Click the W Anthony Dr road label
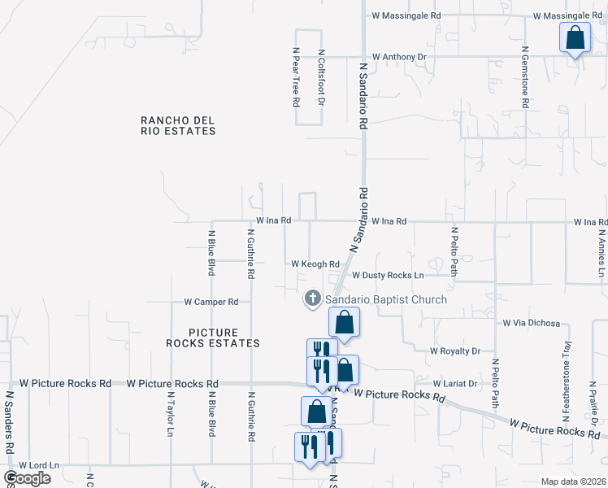(399, 57)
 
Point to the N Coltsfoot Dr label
(322, 77)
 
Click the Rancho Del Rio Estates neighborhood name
(178, 125)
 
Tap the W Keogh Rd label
(315, 264)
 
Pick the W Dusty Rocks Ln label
(388, 276)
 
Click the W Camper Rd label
(211, 302)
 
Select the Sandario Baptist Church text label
(386, 300)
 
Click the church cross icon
(311, 300)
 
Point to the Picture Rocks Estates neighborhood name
(213, 338)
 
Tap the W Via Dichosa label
(532, 323)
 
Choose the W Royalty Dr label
(455, 351)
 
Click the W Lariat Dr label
(459, 383)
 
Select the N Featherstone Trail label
(567, 382)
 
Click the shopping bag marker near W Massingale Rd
(575, 38)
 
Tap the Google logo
(28, 478)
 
